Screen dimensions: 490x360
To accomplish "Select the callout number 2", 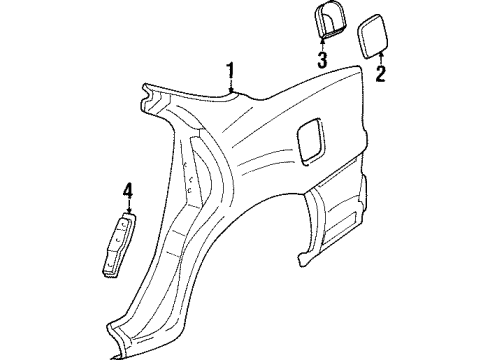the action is pos(380,73).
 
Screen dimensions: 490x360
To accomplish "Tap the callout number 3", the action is pos(322,61).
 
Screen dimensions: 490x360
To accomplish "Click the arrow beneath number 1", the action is pos(231,87).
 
